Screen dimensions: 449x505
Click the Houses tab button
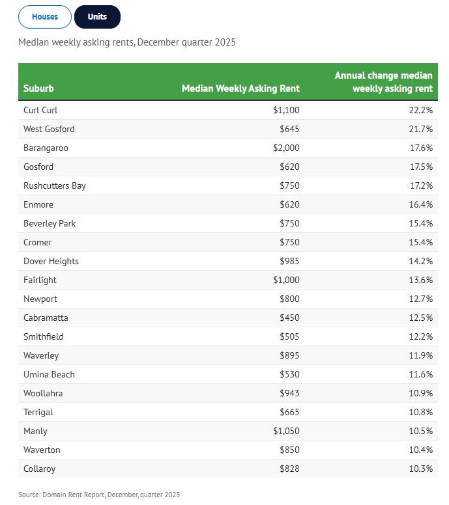tap(45, 17)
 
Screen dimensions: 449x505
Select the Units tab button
tap(97, 17)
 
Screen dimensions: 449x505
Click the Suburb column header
tap(38, 89)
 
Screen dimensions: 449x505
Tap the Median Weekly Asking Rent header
tap(240, 89)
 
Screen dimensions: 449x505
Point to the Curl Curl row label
tap(40, 110)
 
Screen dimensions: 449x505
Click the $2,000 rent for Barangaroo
tap(286, 148)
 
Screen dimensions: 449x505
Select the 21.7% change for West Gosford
tap(420, 129)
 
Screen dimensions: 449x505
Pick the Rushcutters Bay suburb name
tap(55, 186)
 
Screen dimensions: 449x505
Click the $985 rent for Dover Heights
tap(289, 261)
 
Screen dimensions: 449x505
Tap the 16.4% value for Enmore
tap(420, 204)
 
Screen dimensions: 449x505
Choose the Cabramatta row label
tap(46, 318)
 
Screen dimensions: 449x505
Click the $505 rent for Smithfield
tap(289, 336)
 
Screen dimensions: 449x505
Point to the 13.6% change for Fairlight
tap(420, 280)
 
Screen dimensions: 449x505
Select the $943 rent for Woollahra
tap(289, 393)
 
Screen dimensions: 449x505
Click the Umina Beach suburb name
tap(49, 375)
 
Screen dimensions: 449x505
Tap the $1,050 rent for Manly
tap(286, 431)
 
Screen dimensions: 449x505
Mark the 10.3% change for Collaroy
tap(420, 469)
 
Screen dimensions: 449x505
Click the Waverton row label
tap(42, 450)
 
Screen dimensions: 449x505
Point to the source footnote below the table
tap(99, 495)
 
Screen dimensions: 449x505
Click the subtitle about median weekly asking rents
tap(127, 42)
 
